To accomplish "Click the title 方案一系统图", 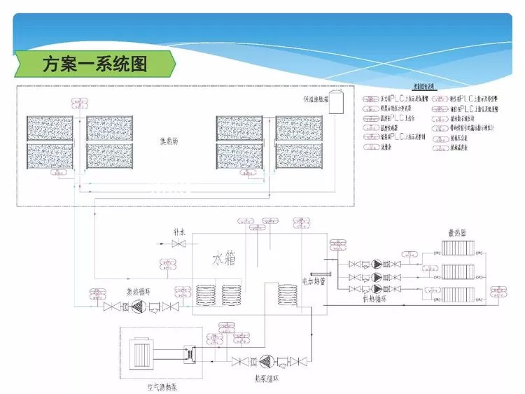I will click(x=95, y=64).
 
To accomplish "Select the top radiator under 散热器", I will click(x=458, y=249).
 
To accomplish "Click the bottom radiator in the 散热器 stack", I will click(x=458, y=290).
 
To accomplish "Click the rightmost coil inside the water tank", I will click(x=286, y=293).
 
